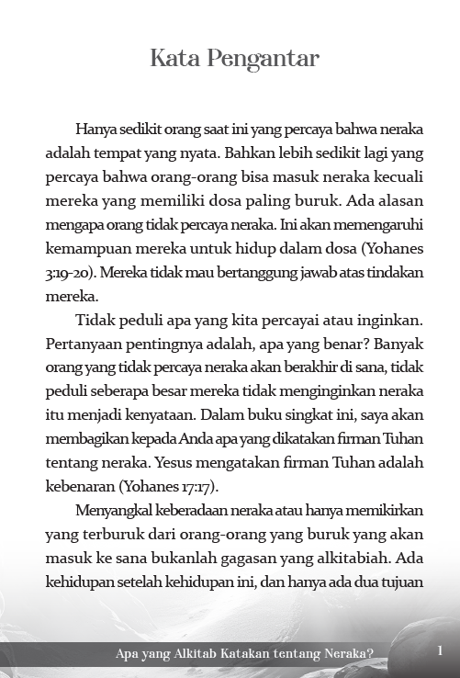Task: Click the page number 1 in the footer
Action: tap(441, 651)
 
